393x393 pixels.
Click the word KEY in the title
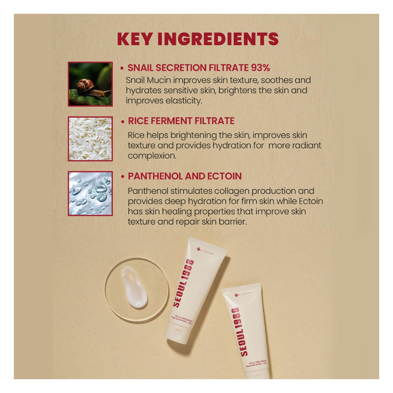135,39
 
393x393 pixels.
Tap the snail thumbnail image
90,84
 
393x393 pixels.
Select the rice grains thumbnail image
90,139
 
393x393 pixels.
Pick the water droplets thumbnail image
90,193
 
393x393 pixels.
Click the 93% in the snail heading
261,68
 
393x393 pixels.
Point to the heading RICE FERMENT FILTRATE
181,121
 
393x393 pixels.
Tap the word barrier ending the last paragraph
230,222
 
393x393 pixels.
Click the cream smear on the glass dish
134,287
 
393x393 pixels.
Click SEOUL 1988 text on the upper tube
183,283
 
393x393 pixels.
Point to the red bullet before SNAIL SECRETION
122,68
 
